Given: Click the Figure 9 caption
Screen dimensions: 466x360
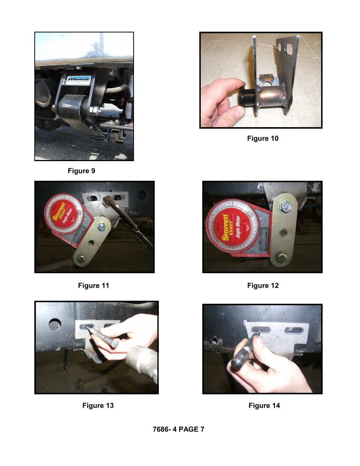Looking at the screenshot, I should (82, 171).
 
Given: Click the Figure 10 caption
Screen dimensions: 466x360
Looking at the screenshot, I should (263, 138).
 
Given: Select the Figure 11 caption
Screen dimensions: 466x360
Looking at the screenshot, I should (94, 286).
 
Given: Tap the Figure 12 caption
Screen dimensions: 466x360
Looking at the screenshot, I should (263, 286).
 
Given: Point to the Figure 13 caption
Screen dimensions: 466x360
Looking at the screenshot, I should (98, 406).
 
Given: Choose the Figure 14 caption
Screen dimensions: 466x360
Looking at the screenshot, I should (264, 406).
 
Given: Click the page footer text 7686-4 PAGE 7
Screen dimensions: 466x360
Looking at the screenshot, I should (178, 429).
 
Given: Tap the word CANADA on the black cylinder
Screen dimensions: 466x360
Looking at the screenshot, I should (70, 106).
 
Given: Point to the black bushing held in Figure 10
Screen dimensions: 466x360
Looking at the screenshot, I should (247, 98).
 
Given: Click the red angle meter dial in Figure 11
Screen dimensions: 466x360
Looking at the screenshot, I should (63, 214).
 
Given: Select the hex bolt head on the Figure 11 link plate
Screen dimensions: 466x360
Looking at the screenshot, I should (102, 227).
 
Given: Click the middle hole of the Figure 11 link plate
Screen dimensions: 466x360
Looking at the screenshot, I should (91, 243).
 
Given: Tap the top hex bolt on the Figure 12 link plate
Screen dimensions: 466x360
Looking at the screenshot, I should (286, 206).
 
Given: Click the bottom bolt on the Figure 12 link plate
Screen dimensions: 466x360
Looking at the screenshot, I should (282, 258).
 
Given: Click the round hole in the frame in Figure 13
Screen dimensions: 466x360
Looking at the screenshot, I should (55, 324).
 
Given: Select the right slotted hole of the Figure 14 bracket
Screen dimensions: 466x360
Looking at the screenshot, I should (294, 331).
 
